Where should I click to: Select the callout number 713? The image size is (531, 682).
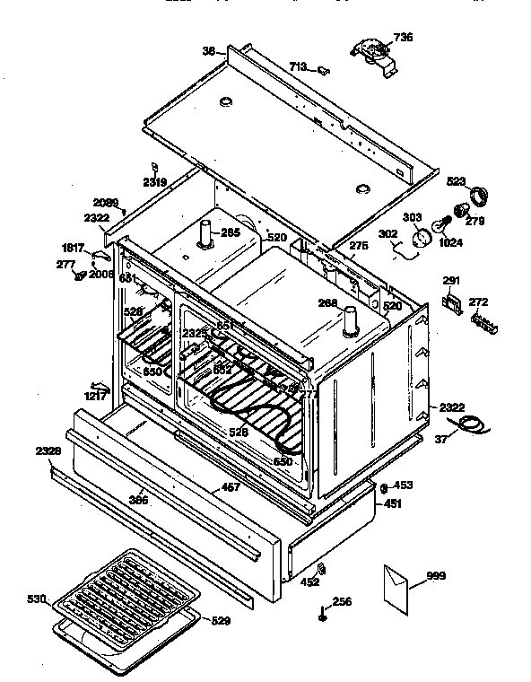pyautogui.click(x=298, y=66)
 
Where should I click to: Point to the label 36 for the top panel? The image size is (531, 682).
pyautogui.click(x=208, y=52)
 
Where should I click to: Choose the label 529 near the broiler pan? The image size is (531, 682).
pyautogui.click(x=221, y=620)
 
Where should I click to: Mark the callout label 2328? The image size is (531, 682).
pyautogui.click(x=48, y=450)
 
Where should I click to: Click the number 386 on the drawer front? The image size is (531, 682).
pyautogui.click(x=139, y=499)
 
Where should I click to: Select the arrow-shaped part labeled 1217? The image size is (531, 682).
pyautogui.click(x=100, y=388)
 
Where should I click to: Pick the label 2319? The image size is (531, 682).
pyautogui.click(x=154, y=182)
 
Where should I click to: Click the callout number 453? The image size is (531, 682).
pyautogui.click(x=403, y=485)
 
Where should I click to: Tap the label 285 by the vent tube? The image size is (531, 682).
pyautogui.click(x=231, y=233)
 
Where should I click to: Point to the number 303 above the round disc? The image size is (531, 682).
pyautogui.click(x=412, y=217)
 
